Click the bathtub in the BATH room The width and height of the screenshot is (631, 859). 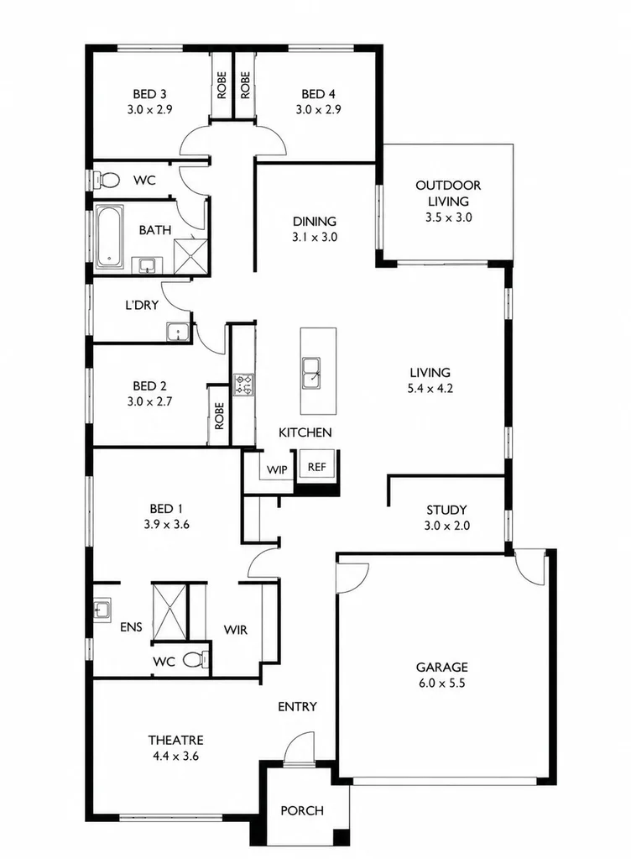[x=109, y=237]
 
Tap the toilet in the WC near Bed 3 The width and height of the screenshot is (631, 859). [x=107, y=180]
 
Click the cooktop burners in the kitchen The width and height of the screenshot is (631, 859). [x=243, y=385]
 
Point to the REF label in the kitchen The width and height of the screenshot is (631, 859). [x=316, y=467]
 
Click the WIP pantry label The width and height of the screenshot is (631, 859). [x=277, y=470]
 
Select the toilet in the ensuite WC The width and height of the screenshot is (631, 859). [x=196, y=659]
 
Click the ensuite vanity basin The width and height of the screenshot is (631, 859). [x=102, y=609]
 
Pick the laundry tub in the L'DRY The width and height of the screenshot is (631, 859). [x=177, y=332]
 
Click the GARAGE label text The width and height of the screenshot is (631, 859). [x=441, y=667]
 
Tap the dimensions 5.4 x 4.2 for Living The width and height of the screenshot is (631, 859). [x=430, y=389]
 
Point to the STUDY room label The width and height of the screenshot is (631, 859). [x=446, y=510]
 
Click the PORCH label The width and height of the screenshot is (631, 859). [x=302, y=810]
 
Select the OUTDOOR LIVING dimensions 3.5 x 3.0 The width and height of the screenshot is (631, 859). [x=448, y=217]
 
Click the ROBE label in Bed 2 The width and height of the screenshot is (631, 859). [x=220, y=416]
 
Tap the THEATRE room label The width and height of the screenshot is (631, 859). [x=175, y=740]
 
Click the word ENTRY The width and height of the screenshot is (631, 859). [x=297, y=707]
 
